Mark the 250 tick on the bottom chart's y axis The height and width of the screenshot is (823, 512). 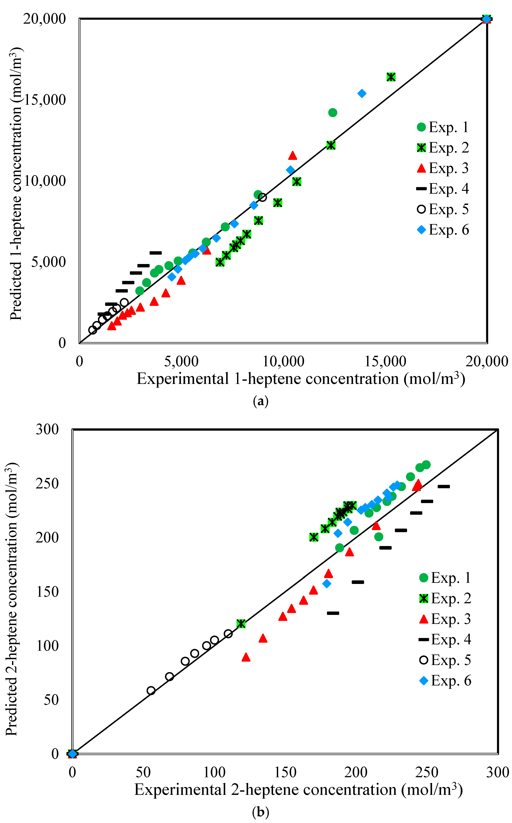(47, 483)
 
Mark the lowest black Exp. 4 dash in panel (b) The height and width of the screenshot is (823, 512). (333, 613)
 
